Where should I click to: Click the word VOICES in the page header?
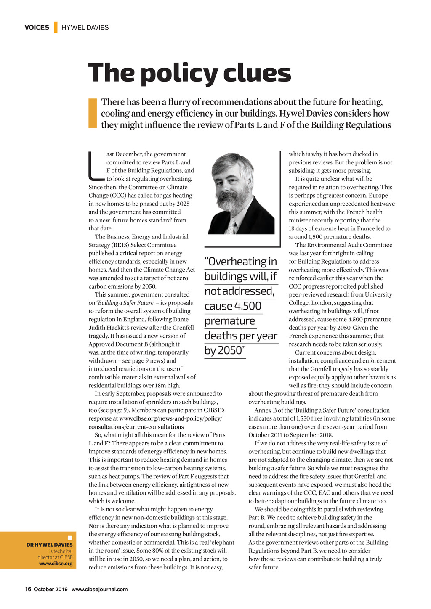click(x=37, y=28)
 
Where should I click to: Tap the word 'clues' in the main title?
click(x=257, y=73)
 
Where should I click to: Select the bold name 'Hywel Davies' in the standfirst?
click(x=306, y=114)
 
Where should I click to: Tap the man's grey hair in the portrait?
click(x=231, y=162)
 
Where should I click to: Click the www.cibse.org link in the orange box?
click(x=56, y=564)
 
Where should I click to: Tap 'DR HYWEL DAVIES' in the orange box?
click(x=49, y=545)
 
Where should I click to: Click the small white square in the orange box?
click(x=70, y=538)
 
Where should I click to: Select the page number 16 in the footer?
click(x=28, y=589)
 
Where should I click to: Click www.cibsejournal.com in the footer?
click(x=99, y=589)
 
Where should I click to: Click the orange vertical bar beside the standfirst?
click(x=93, y=113)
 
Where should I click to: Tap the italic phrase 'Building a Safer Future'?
click(x=124, y=303)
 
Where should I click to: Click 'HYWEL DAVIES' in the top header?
click(x=85, y=28)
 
